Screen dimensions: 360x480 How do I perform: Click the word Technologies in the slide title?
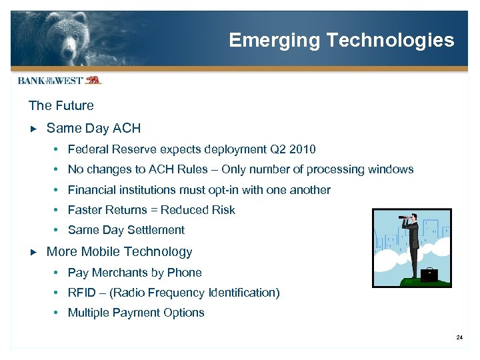click(x=390, y=40)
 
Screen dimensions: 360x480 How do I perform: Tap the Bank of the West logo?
click(x=59, y=80)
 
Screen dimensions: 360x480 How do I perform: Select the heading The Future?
click(x=61, y=105)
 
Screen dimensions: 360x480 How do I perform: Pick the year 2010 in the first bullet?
click(x=303, y=149)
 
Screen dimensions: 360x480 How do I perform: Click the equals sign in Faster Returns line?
click(x=154, y=210)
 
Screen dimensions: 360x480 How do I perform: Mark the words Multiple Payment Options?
click(x=136, y=313)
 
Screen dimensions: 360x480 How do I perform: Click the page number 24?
click(x=459, y=339)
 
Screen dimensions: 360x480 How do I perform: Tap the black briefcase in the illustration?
click(x=430, y=273)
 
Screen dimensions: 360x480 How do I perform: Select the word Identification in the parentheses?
click(x=242, y=293)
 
